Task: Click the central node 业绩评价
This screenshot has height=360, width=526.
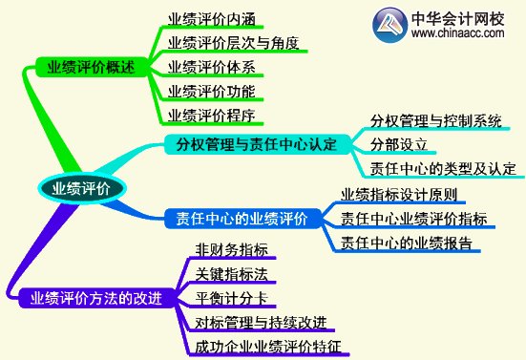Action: coord(81,187)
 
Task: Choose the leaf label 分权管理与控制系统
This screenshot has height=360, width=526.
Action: coord(434,121)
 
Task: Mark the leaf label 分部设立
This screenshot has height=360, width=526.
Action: coord(398,145)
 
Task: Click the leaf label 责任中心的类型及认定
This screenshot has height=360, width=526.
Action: coord(442,169)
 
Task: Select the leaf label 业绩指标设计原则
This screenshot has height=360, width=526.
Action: coord(398,194)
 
